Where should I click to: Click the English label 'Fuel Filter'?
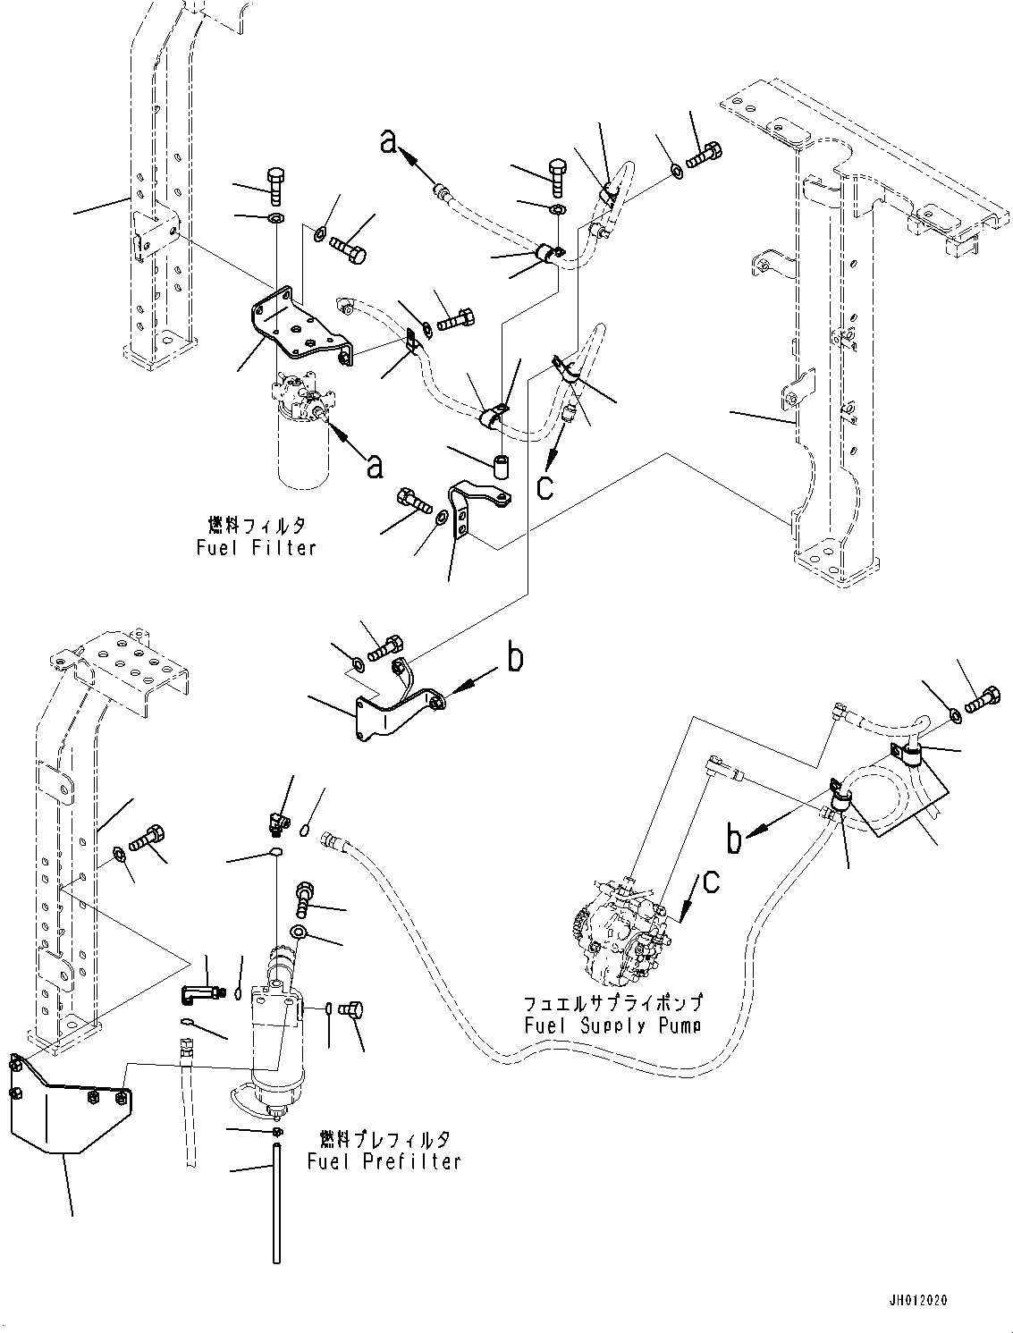click(257, 547)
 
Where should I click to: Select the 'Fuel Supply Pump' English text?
click(613, 1025)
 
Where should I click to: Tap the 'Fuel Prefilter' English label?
click(384, 1161)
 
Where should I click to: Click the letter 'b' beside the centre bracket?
click(515, 659)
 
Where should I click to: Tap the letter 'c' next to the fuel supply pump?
click(710, 881)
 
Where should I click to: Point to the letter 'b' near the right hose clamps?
click(735, 840)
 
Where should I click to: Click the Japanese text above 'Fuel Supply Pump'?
click(613, 1003)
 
